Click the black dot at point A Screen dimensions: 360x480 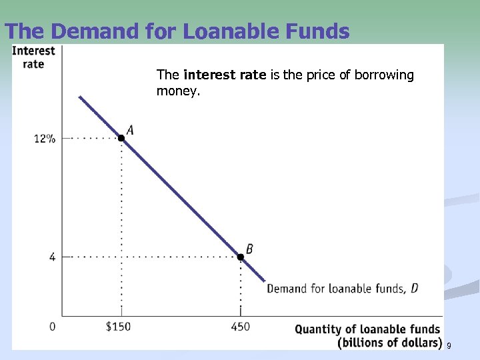point(121,138)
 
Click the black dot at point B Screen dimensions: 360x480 point(241,257)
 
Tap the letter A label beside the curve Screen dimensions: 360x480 point(130,129)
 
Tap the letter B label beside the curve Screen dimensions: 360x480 point(249,249)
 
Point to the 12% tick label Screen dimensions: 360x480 point(45,139)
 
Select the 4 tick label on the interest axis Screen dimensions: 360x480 point(52,257)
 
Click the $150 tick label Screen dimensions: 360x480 point(121,327)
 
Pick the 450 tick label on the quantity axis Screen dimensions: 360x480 point(241,327)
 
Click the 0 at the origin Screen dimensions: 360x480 point(52,327)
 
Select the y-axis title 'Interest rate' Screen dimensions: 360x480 point(34,57)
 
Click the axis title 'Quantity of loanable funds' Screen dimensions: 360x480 point(367,329)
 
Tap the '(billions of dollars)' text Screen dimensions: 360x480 point(389,343)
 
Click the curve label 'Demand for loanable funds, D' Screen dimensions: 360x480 point(343,289)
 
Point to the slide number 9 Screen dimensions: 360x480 point(449,345)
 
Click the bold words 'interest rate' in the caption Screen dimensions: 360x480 point(225,75)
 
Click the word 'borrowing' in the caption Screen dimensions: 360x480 point(385,75)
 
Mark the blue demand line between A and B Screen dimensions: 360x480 point(180,197)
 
